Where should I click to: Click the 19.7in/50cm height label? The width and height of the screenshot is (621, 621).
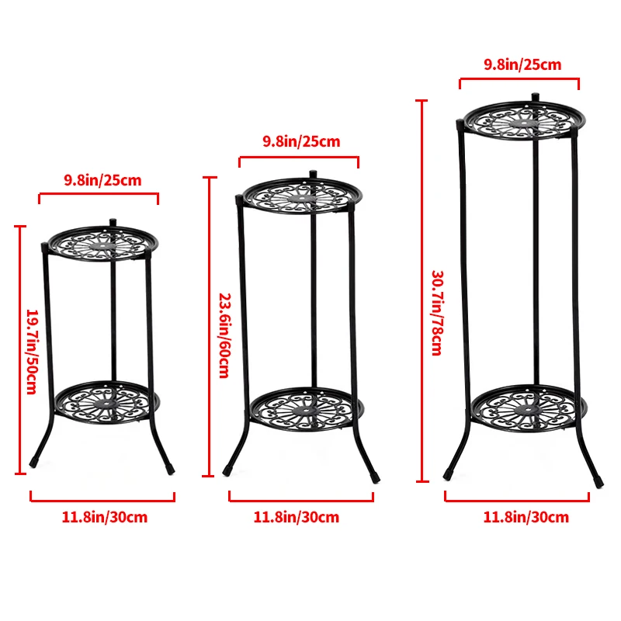pyautogui.click(x=32, y=351)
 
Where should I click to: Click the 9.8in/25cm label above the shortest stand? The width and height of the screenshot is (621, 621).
pyautogui.click(x=102, y=181)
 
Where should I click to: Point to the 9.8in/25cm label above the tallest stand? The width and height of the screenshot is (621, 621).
pyautogui.click(x=522, y=64)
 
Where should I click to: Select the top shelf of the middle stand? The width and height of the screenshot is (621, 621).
pyautogui.click(x=297, y=196)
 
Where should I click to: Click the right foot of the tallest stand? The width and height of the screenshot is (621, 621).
pyautogui.click(x=598, y=481)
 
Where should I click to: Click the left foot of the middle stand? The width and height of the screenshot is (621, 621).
pyautogui.click(x=227, y=470)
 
